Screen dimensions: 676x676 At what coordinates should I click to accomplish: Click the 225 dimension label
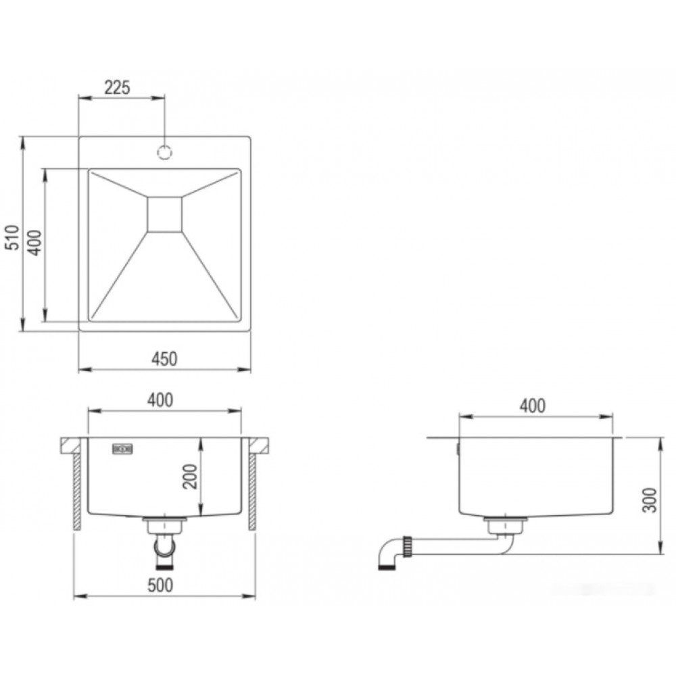click(117, 87)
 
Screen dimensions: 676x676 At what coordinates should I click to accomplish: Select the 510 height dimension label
click(12, 237)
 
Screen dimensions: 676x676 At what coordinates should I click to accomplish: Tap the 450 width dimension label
click(164, 359)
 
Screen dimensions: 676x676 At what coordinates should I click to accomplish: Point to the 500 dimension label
click(160, 585)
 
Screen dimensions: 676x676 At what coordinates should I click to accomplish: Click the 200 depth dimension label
click(190, 477)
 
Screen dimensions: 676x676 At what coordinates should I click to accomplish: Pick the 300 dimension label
click(650, 500)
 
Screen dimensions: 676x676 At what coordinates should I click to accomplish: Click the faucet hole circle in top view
click(165, 152)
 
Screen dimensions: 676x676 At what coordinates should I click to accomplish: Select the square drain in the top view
click(165, 214)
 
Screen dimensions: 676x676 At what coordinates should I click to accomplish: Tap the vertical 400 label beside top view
click(35, 243)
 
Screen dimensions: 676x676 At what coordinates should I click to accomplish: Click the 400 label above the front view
click(160, 400)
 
